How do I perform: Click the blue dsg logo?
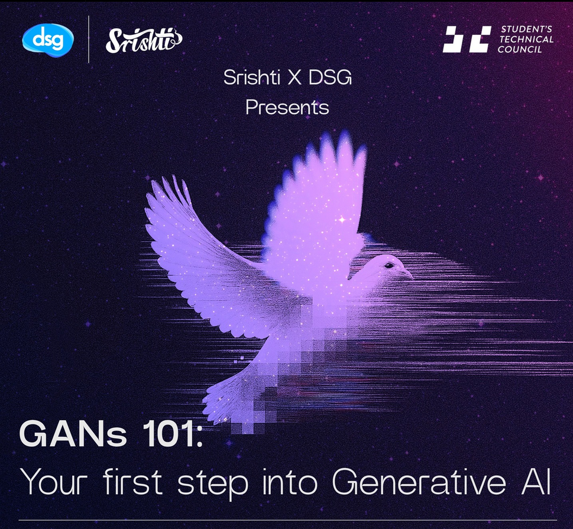pos(48,40)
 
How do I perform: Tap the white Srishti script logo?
pos(144,40)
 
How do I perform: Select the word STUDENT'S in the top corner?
pos(526,29)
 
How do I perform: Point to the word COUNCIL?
pos(520,49)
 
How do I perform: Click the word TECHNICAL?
pos(526,39)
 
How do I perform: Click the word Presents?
pos(287,108)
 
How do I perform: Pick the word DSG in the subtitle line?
pos(330,77)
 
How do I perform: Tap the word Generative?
pos(419,482)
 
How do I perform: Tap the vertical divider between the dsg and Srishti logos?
pos(89,40)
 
